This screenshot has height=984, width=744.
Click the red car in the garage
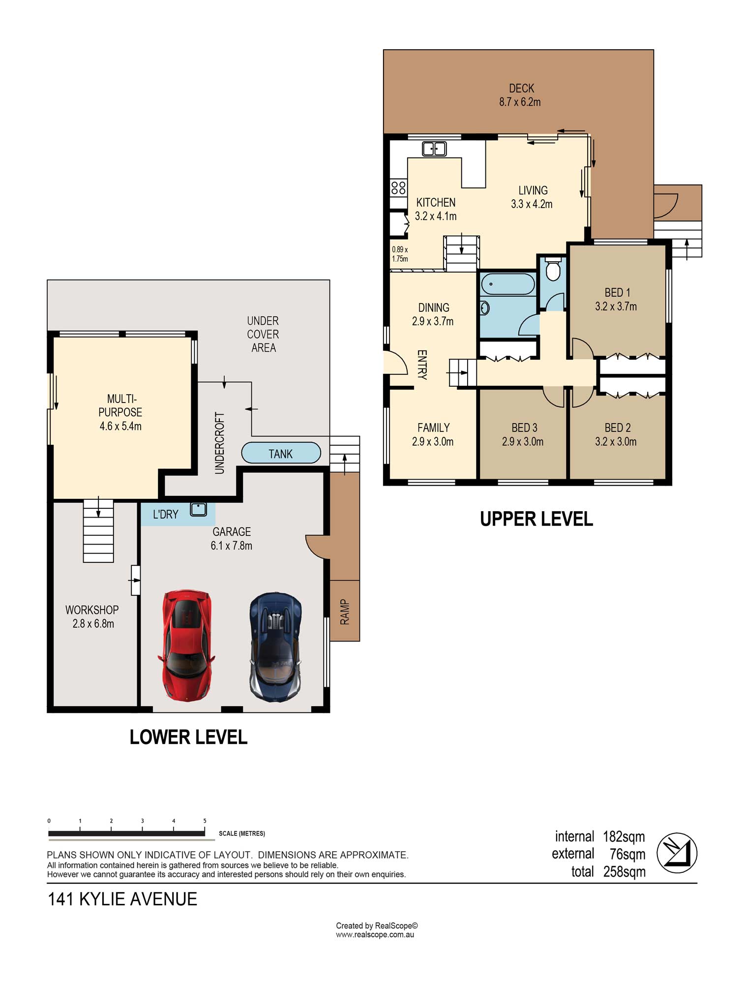click(x=186, y=645)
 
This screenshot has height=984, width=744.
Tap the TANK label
click(x=280, y=454)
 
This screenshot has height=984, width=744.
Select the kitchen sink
click(x=434, y=149)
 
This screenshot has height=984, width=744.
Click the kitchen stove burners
click(x=398, y=188)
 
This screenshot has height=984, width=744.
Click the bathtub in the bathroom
click(x=508, y=284)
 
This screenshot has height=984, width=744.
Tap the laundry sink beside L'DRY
click(x=199, y=509)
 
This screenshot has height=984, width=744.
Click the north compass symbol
click(x=677, y=853)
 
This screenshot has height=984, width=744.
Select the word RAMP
click(x=345, y=612)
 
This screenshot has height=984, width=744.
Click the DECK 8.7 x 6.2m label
click(x=520, y=95)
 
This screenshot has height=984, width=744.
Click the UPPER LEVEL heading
click(x=536, y=519)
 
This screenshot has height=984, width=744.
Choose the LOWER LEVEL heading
click(x=188, y=737)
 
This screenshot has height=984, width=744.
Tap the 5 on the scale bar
click(x=205, y=821)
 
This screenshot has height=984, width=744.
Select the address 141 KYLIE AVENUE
click(x=122, y=899)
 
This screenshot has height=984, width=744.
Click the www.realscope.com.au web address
click(x=375, y=935)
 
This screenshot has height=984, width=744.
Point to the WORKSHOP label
click(x=92, y=610)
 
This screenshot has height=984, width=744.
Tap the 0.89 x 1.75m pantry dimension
click(x=400, y=254)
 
